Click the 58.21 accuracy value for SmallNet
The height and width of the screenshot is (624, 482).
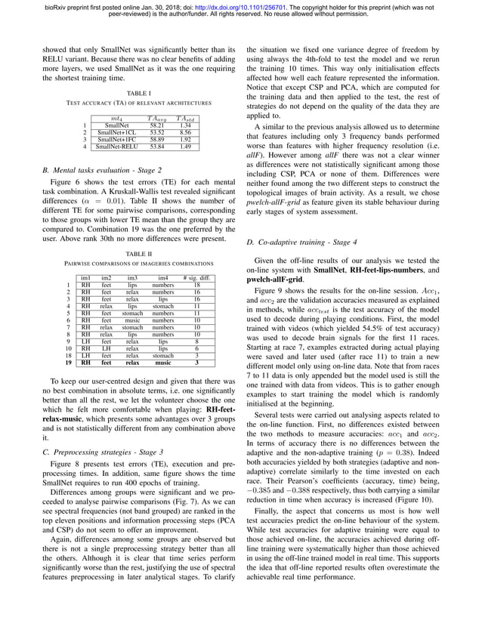(157, 125)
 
